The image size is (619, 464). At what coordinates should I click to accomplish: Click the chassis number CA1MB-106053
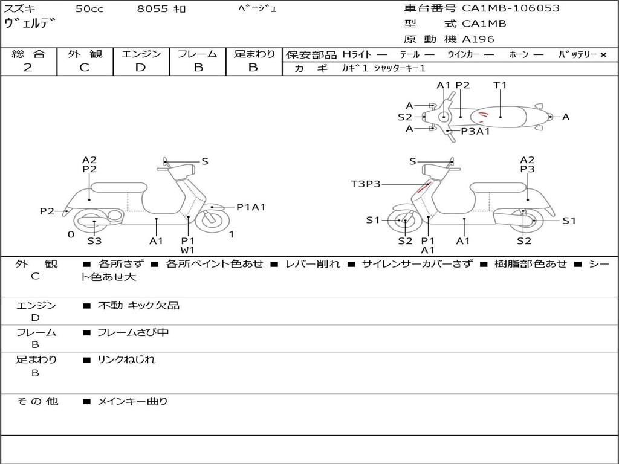pos(510,8)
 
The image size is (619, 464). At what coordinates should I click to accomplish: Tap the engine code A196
pos(478,39)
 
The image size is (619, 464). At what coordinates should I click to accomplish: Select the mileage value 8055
pos(152,8)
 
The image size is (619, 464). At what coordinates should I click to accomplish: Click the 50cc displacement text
pos(89,8)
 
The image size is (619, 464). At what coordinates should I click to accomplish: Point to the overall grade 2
pos(28,67)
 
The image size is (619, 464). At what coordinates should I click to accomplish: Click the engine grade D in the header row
pos(140,67)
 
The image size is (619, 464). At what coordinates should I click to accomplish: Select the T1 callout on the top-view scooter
pos(500,85)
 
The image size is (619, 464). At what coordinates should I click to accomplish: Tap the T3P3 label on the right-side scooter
pos(366,184)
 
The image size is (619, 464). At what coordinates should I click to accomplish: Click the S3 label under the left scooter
pos(94,240)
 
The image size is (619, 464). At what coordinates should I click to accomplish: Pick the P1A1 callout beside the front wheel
pos(251,207)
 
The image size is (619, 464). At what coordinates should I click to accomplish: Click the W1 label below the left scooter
pos(188,250)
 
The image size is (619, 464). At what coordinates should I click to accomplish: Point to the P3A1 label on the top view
pos(475,131)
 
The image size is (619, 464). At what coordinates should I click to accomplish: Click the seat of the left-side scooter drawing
pos(119,187)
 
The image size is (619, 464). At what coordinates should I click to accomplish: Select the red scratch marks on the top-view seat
pos(483,115)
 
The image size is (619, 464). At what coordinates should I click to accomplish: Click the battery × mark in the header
pos(603,55)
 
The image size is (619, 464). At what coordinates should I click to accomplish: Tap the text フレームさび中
pos(133,333)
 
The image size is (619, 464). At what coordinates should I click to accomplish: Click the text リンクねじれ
pos(126,359)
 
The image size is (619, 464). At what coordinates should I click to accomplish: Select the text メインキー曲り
pos(132,401)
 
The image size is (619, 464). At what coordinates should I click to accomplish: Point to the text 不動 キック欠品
pos(138,305)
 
